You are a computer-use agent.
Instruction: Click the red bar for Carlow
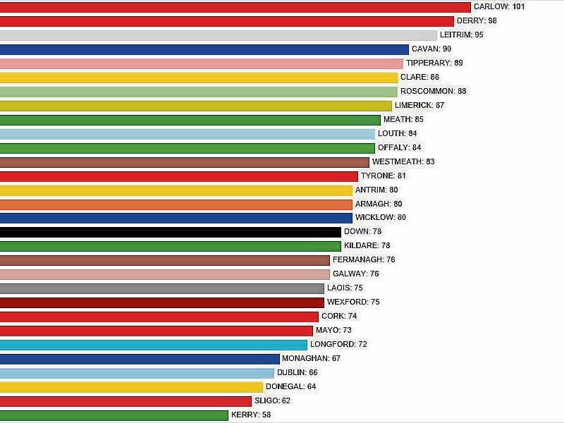(x=235, y=7)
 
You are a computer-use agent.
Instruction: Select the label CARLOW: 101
(x=499, y=7)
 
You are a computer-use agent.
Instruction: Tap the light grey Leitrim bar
(x=218, y=35)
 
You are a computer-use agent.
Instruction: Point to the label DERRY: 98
(x=477, y=21)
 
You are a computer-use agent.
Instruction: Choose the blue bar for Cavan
(x=204, y=49)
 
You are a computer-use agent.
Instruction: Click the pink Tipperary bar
(x=201, y=63)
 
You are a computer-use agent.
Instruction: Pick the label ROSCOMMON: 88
(x=433, y=91)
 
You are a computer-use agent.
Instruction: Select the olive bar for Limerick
(x=195, y=106)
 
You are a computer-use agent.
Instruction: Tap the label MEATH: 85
(x=403, y=119)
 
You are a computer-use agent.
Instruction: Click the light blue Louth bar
(x=187, y=134)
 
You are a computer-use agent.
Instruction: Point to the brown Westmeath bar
(x=184, y=162)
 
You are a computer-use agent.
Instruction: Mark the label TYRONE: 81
(x=384, y=176)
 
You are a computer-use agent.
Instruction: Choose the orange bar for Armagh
(x=176, y=204)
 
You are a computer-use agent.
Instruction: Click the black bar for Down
(x=170, y=232)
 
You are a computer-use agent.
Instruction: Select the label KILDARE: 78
(x=367, y=245)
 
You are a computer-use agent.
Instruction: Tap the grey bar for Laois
(x=161, y=288)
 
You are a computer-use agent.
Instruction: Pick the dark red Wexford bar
(x=161, y=302)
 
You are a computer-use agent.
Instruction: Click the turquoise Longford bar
(x=153, y=345)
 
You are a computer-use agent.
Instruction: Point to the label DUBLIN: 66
(x=298, y=372)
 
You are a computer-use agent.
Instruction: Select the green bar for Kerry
(x=114, y=415)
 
